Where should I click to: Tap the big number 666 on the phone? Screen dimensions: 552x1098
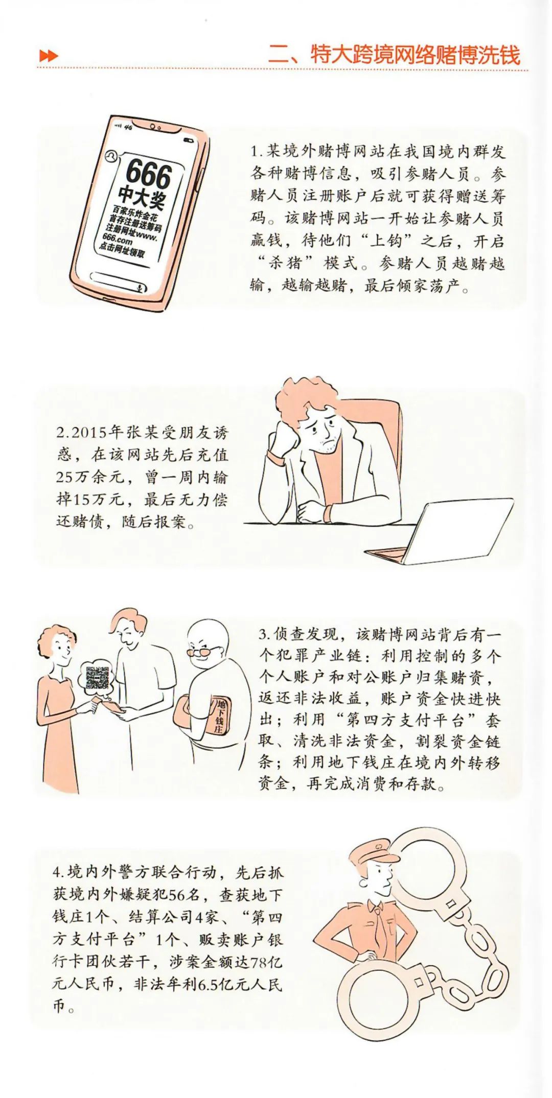pyautogui.click(x=148, y=173)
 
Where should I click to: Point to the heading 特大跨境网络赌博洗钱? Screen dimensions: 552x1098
pyautogui.click(x=415, y=55)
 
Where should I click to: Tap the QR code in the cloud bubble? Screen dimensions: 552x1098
pyautogui.click(x=97, y=677)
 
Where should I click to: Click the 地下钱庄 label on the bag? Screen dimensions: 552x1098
pyautogui.click(x=220, y=715)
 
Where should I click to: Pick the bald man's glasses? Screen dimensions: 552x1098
pyautogui.click(x=203, y=652)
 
